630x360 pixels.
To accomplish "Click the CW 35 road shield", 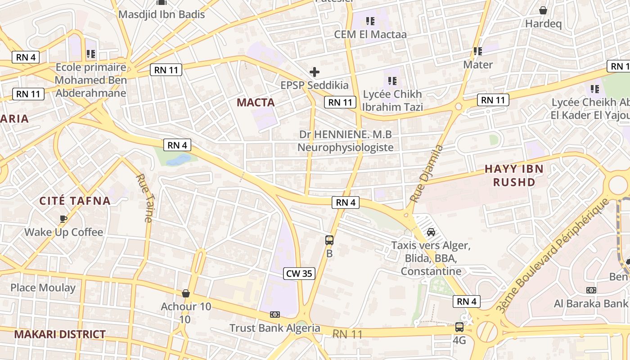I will [x=299, y=274].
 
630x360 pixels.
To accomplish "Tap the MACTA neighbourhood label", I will [x=256, y=103].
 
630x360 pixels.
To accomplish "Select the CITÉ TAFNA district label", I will [x=75, y=201].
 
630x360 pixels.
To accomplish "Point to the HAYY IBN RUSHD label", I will [x=514, y=175].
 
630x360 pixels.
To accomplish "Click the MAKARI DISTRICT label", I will [x=60, y=334].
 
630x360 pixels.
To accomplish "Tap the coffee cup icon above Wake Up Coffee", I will [x=63, y=219].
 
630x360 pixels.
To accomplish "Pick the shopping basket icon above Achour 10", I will [x=186, y=293].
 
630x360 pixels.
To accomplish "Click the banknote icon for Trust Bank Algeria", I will [x=274, y=315].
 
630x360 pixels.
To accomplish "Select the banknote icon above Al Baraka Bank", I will [x=591, y=290].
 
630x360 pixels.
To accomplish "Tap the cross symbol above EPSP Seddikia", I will [x=315, y=72].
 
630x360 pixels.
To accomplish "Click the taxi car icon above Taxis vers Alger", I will [x=431, y=232].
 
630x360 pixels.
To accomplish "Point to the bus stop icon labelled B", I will [x=329, y=240].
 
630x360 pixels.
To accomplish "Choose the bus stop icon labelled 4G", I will [x=459, y=327].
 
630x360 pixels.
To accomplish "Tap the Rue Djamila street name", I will [x=427, y=173].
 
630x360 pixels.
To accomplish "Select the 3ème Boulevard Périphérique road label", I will [x=553, y=256].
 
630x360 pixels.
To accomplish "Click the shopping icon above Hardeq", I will [x=543, y=10].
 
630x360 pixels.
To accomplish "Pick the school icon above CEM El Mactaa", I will [x=370, y=21].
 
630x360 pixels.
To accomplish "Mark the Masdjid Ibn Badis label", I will [x=162, y=14].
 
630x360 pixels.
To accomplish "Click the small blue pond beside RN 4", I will [x=179, y=159].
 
